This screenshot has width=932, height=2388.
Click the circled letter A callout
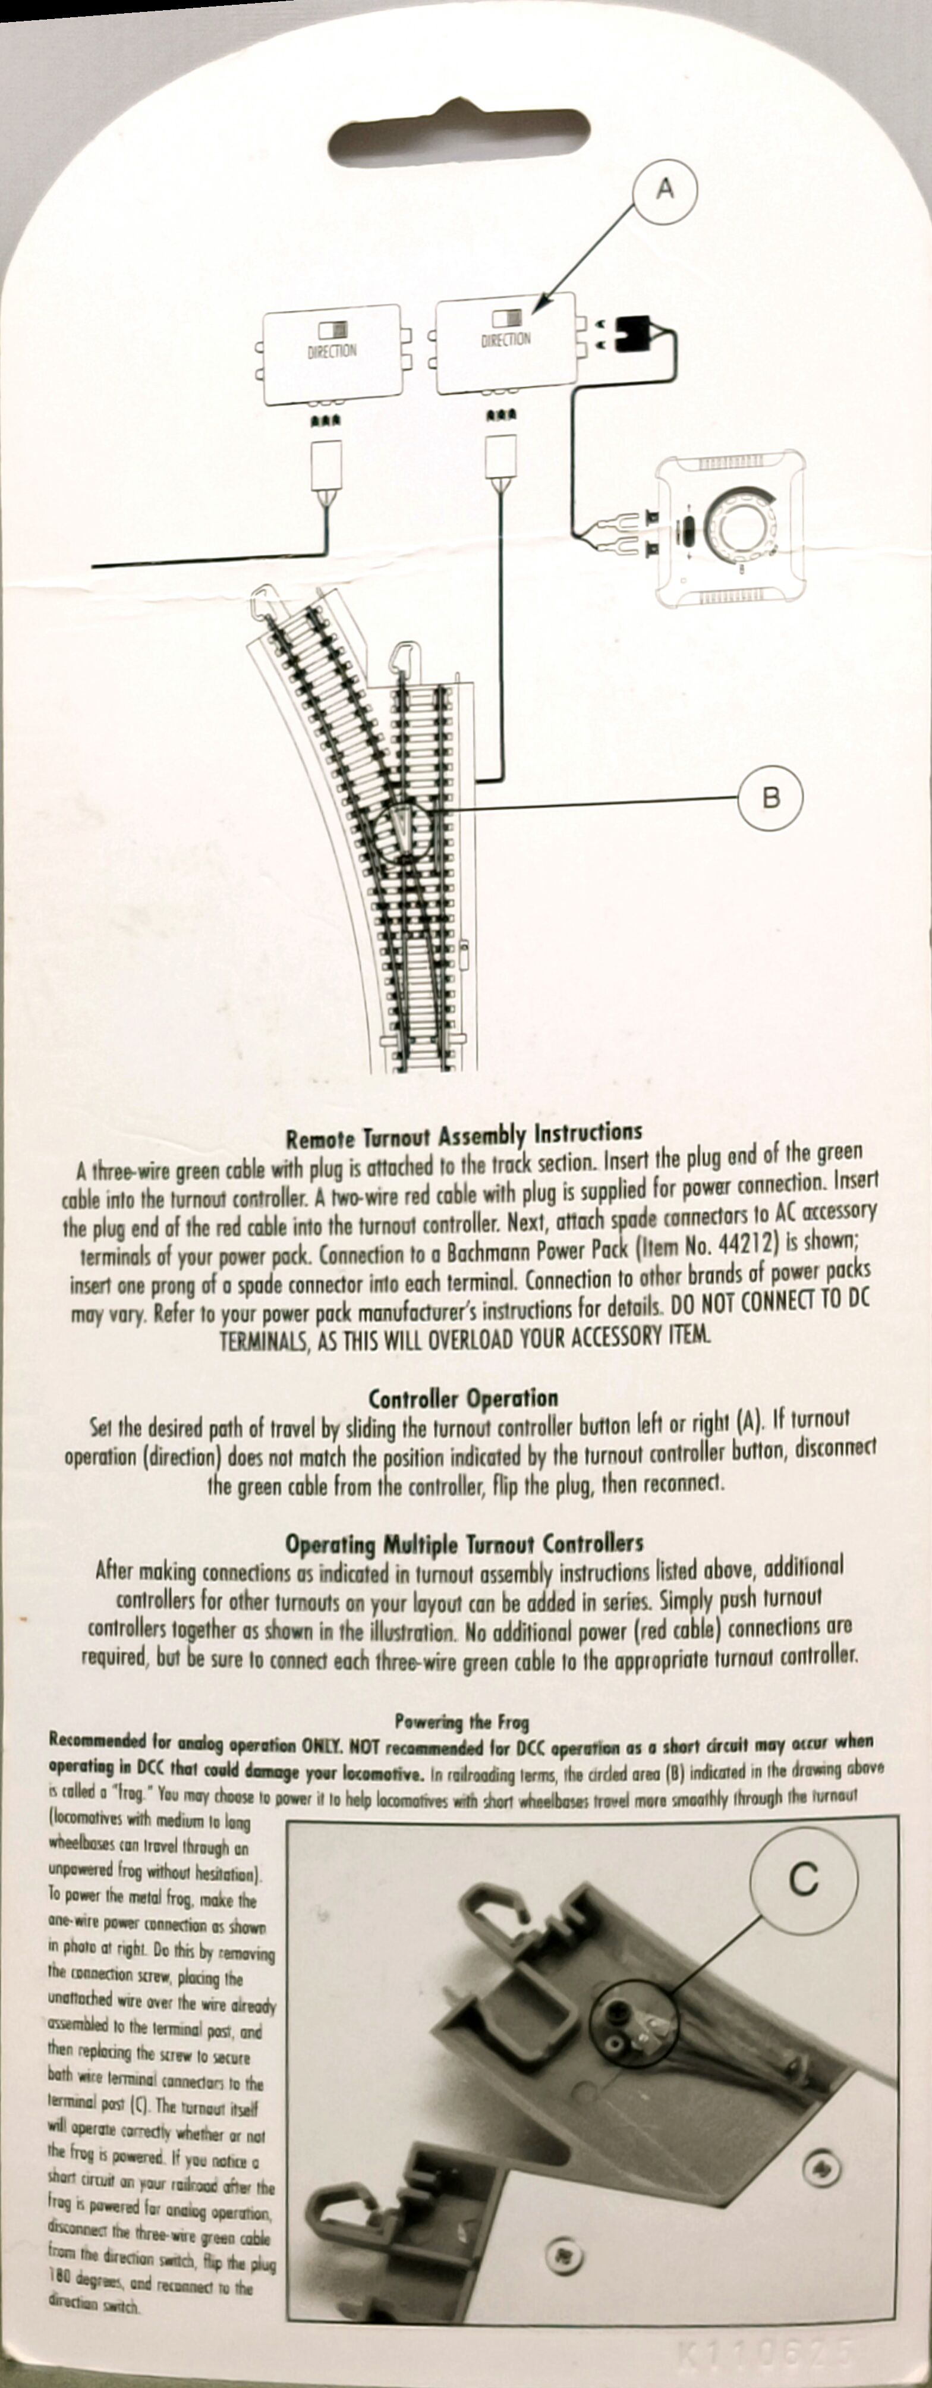pyautogui.click(x=665, y=190)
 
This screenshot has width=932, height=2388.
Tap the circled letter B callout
pyautogui.click(x=770, y=797)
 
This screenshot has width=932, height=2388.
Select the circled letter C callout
pyautogui.click(x=802, y=1878)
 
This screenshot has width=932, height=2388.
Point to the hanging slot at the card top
pyautogui.click(x=459, y=136)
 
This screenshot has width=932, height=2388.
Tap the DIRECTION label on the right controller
pyautogui.click(x=506, y=340)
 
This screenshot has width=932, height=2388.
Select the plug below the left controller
pyautogui.click(x=327, y=466)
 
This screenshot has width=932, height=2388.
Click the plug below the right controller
pyautogui.click(x=501, y=454)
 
